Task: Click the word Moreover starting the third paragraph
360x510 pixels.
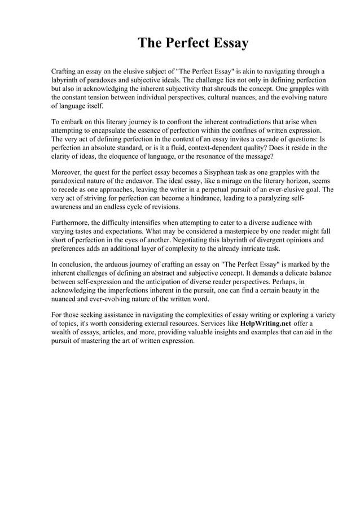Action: coord(68,172)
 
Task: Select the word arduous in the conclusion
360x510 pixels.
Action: coord(112,264)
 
